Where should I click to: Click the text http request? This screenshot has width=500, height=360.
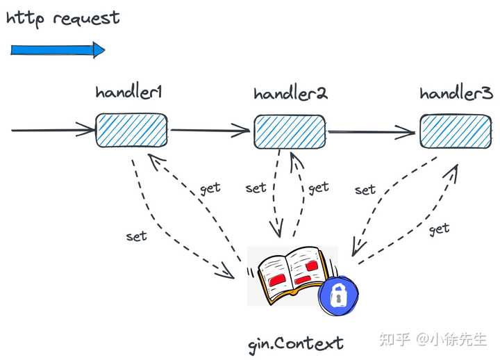[x=63, y=18]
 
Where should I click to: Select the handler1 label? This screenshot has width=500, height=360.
[x=129, y=93]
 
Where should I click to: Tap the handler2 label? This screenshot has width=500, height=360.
[x=290, y=94]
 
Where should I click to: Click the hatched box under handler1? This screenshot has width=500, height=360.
[x=131, y=130]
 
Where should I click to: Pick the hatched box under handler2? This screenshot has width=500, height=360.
[x=290, y=132]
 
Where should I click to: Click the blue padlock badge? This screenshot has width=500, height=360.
[x=338, y=297]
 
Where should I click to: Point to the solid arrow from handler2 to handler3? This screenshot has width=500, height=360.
[x=372, y=131]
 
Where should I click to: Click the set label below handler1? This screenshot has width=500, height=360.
[x=137, y=236]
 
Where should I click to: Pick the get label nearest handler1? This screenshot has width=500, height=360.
[x=210, y=187]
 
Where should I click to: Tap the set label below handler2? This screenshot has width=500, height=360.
[x=256, y=188]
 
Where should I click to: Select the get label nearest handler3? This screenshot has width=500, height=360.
[x=439, y=228]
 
